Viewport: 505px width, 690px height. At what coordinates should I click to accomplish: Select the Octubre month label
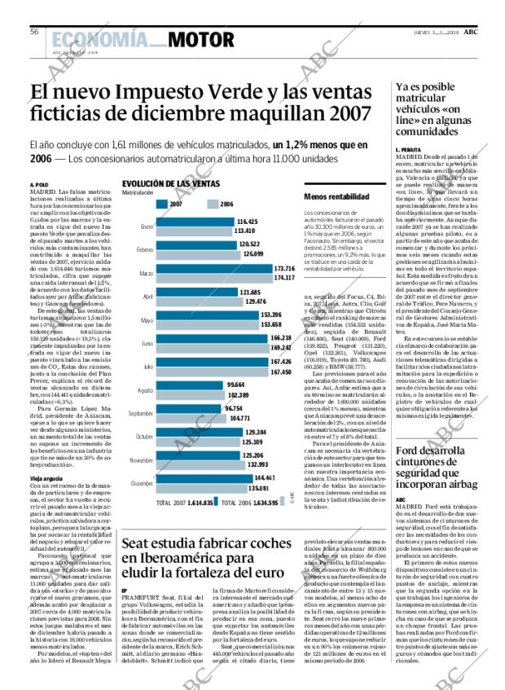point(144,436)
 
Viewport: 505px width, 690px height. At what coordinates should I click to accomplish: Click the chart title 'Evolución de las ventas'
point(164,184)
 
